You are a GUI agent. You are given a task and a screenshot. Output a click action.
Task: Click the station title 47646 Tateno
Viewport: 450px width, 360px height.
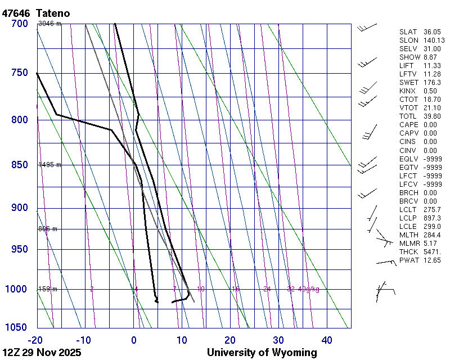click(39, 12)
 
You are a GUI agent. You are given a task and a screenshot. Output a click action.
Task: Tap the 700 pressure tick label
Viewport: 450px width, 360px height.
click(19, 24)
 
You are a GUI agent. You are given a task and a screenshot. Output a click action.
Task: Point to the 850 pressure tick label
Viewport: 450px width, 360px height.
click(19, 165)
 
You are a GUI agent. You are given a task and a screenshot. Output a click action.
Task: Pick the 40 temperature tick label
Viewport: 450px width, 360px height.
click(327, 340)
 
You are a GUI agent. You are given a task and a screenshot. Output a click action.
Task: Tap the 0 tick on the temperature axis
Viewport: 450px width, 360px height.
click(134, 340)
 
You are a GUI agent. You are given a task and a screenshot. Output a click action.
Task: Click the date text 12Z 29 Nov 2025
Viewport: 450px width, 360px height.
click(42, 353)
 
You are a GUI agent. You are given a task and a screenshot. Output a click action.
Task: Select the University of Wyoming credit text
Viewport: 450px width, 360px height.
click(262, 353)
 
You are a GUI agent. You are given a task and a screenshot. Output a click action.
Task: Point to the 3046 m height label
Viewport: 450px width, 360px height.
click(49, 24)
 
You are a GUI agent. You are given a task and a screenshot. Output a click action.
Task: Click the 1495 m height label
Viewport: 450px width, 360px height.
click(49, 165)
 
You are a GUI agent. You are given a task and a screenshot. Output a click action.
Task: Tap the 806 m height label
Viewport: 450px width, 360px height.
click(48, 229)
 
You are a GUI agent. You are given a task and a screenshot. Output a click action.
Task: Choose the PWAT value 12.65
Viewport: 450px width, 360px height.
click(433, 260)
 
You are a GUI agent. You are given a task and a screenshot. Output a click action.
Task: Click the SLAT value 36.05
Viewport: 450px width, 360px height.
click(432, 32)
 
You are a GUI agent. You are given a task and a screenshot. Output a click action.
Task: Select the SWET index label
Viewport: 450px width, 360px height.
click(409, 83)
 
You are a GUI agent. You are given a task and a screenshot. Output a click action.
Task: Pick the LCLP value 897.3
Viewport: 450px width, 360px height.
click(432, 218)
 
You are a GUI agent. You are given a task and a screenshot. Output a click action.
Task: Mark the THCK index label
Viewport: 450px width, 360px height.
click(409, 252)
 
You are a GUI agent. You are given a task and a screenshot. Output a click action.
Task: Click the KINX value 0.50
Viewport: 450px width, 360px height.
click(430, 91)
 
